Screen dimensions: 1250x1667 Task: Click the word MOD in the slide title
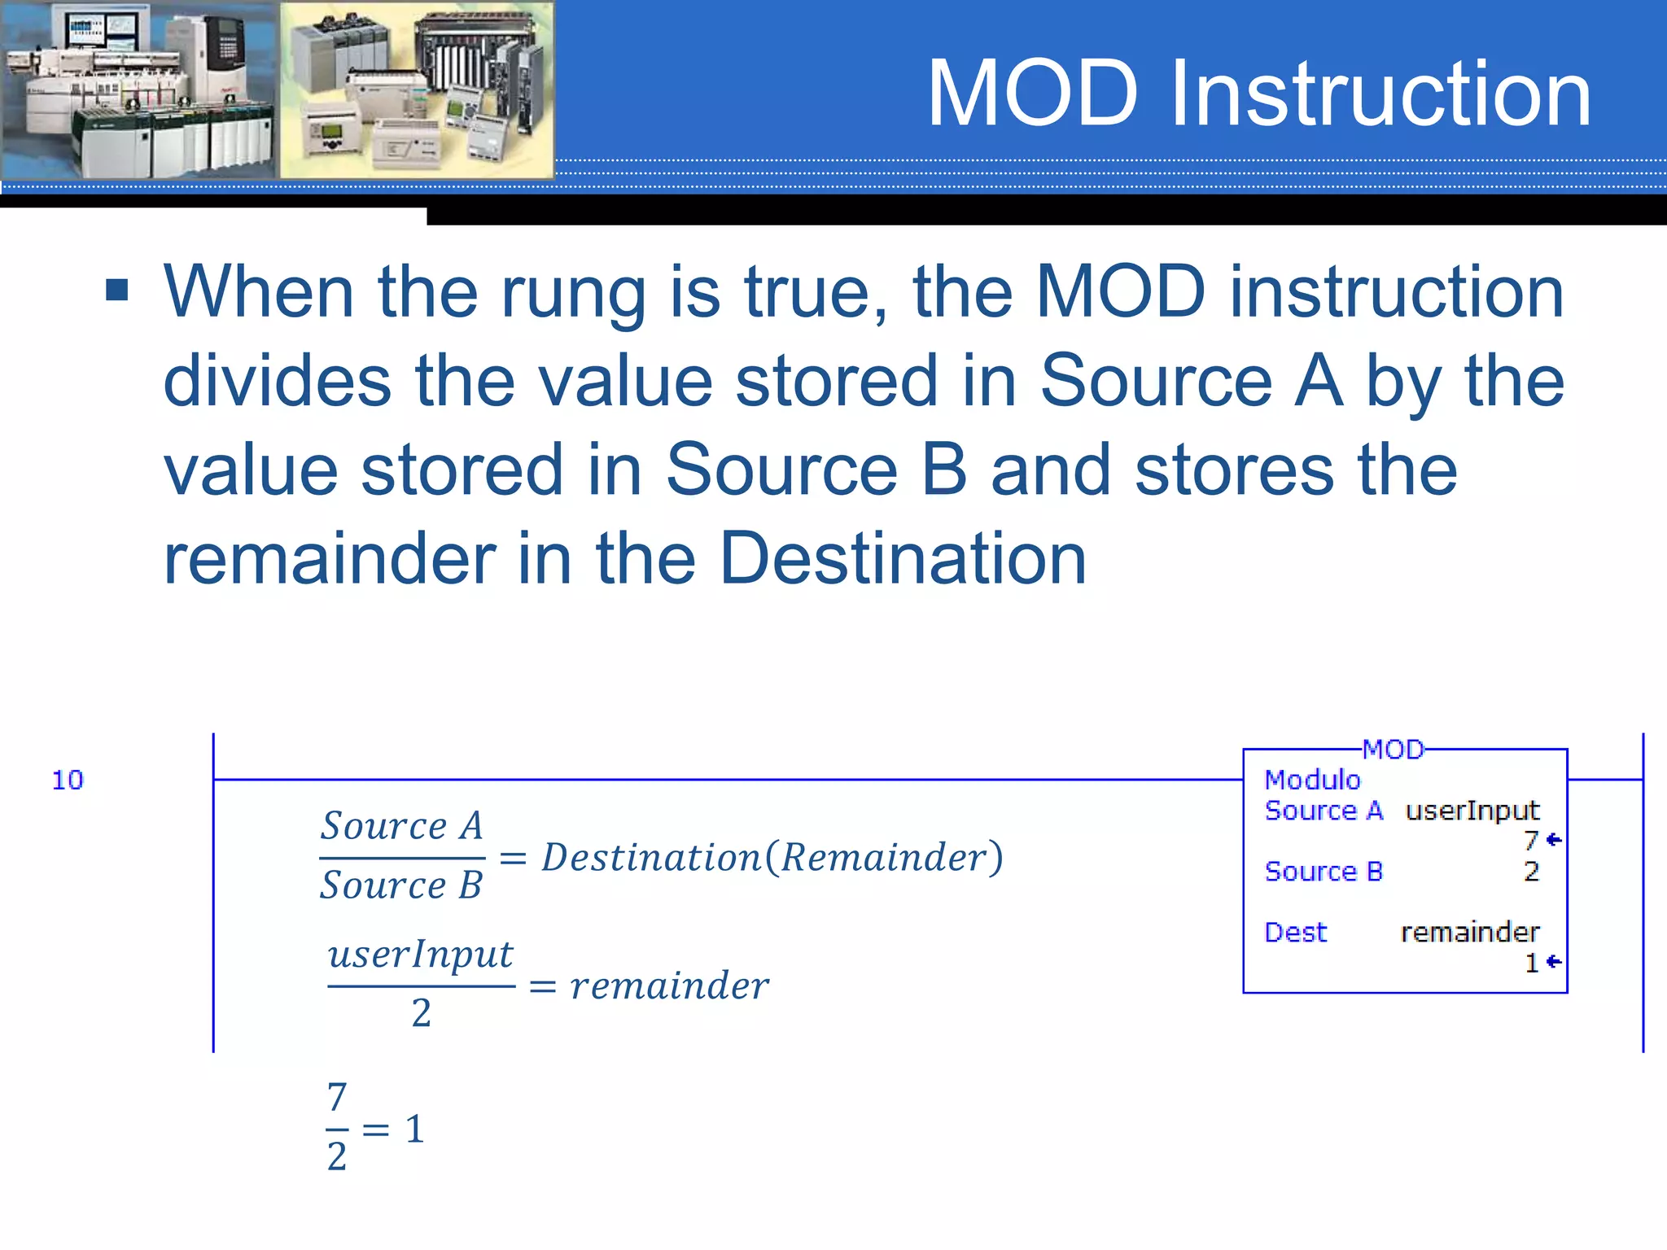pyautogui.click(x=1032, y=94)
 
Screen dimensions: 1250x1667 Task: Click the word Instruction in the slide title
pyautogui.click(x=1380, y=94)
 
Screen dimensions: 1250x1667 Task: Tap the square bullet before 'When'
pyautogui.click(x=117, y=290)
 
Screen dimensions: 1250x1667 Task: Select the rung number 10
pyautogui.click(x=68, y=780)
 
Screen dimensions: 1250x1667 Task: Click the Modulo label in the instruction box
pyautogui.click(x=1312, y=780)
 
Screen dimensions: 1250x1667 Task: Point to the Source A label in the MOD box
pyautogui.click(x=1324, y=811)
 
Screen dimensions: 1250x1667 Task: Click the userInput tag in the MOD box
pyautogui.click(x=1472, y=811)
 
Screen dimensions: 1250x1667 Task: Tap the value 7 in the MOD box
pyautogui.click(x=1531, y=840)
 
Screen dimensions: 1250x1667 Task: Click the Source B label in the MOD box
pyautogui.click(x=1324, y=872)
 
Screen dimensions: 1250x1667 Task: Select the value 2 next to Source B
pyautogui.click(x=1531, y=872)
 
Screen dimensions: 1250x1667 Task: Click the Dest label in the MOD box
pyautogui.click(x=1295, y=932)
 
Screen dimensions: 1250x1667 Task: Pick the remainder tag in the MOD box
pyautogui.click(x=1469, y=932)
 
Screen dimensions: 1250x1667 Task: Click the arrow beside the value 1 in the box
pyautogui.click(x=1554, y=962)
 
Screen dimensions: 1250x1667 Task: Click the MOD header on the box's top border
pyautogui.click(x=1393, y=750)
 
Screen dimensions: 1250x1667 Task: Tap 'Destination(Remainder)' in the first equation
pyautogui.click(x=772, y=857)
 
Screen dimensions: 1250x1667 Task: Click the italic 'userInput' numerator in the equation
pyautogui.click(x=420, y=955)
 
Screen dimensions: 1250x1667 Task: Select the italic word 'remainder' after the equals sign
pyautogui.click(x=669, y=986)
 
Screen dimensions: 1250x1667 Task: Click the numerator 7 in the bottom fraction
pyautogui.click(x=337, y=1097)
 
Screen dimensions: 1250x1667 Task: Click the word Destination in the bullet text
pyautogui.click(x=903, y=558)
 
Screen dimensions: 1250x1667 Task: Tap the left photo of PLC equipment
pyautogui.click(x=139, y=90)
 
